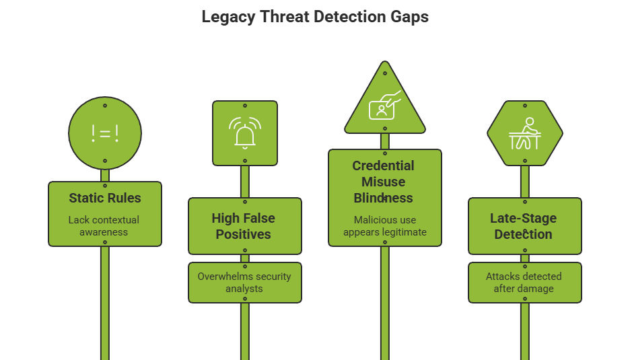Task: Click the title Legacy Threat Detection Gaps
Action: [315, 17]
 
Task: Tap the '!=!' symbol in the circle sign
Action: [105, 133]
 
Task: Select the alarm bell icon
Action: [244, 133]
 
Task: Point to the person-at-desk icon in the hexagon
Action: [524, 134]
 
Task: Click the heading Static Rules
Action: [105, 198]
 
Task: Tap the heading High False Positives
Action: [244, 226]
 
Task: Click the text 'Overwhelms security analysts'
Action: [244, 282]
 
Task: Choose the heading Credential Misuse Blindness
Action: [384, 182]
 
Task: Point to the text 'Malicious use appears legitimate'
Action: [385, 225]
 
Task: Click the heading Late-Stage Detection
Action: [524, 226]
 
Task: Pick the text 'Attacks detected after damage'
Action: [524, 282]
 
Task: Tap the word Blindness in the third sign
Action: [384, 198]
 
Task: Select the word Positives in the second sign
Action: [244, 234]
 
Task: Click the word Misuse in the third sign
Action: [383, 182]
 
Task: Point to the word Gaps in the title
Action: [410, 17]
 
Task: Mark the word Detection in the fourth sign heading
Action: [524, 234]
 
